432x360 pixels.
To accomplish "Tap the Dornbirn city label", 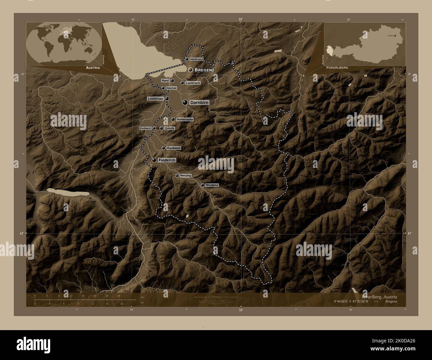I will click(x=199, y=103).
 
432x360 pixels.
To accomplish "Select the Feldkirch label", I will click(x=167, y=160).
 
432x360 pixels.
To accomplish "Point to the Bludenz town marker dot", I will click(x=202, y=185).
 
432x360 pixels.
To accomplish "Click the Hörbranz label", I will click(x=196, y=59).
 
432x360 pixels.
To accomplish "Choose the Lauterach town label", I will click(x=193, y=83).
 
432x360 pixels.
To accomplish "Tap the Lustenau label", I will click(x=156, y=99).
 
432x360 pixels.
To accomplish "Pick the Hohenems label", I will click(x=185, y=119).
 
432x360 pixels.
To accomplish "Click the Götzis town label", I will click(x=169, y=128).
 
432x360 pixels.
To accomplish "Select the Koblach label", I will click(x=146, y=128).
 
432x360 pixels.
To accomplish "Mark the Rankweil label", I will click(x=173, y=148).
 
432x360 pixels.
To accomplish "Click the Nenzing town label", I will click(x=185, y=175).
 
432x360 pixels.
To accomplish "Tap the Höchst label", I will click(x=171, y=88).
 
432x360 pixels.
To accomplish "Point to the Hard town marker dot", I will click(x=172, y=80).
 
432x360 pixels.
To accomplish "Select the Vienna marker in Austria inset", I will click(x=395, y=35).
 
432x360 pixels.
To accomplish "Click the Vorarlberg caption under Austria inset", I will click(x=337, y=67).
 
